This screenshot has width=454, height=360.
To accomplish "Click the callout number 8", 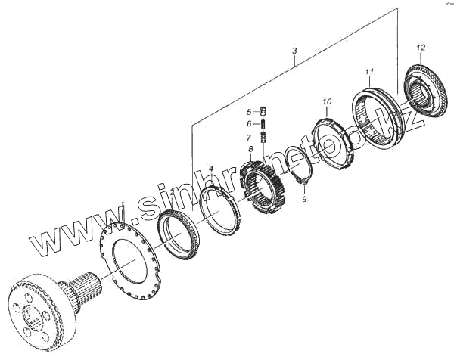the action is pos(250,151).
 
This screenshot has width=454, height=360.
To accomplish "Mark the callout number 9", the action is pos(304,200).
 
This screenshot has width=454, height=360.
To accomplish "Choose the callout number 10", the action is pos(327,101).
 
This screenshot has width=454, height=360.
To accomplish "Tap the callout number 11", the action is pos(368,72).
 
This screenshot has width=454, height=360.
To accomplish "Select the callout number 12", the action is pos(420,49).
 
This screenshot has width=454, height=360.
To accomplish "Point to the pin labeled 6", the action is pos(264,124).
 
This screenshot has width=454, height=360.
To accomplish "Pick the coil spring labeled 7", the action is pos(264,137).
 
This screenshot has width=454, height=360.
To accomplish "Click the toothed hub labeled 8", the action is pos(262,186).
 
